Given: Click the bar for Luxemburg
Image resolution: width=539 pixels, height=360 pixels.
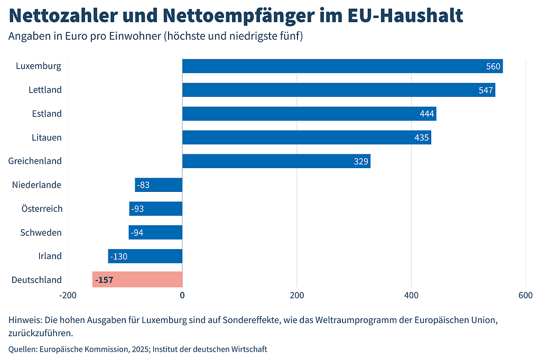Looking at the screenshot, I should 342,66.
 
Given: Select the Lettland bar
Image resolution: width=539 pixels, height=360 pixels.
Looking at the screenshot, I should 339,90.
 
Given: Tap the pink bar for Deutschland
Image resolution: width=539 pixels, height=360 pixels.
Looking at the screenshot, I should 137,280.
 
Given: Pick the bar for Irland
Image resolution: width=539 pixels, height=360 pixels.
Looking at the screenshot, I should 145,256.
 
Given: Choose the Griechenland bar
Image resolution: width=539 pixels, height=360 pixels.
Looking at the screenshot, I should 276,161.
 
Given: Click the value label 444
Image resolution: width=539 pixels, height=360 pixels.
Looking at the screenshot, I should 426,114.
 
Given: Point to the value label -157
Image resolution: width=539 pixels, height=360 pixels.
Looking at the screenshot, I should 104,280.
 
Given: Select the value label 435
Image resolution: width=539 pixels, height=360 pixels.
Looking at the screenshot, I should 422,138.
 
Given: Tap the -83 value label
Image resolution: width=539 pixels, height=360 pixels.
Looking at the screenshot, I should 143,185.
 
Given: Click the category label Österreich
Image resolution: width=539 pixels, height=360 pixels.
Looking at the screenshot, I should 42,209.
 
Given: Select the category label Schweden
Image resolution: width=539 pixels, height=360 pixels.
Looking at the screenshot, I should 41,233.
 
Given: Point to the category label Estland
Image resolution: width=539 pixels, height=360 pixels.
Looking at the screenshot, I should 47,114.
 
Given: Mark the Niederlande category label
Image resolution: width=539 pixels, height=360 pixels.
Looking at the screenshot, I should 36,185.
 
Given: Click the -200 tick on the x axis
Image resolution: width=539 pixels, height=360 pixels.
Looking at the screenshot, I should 68,295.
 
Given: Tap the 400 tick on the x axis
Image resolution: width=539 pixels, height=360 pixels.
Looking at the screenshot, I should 411,295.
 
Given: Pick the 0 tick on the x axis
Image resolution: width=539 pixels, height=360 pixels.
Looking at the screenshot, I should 182,295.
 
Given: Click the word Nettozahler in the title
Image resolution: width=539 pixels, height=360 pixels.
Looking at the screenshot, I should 62,15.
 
